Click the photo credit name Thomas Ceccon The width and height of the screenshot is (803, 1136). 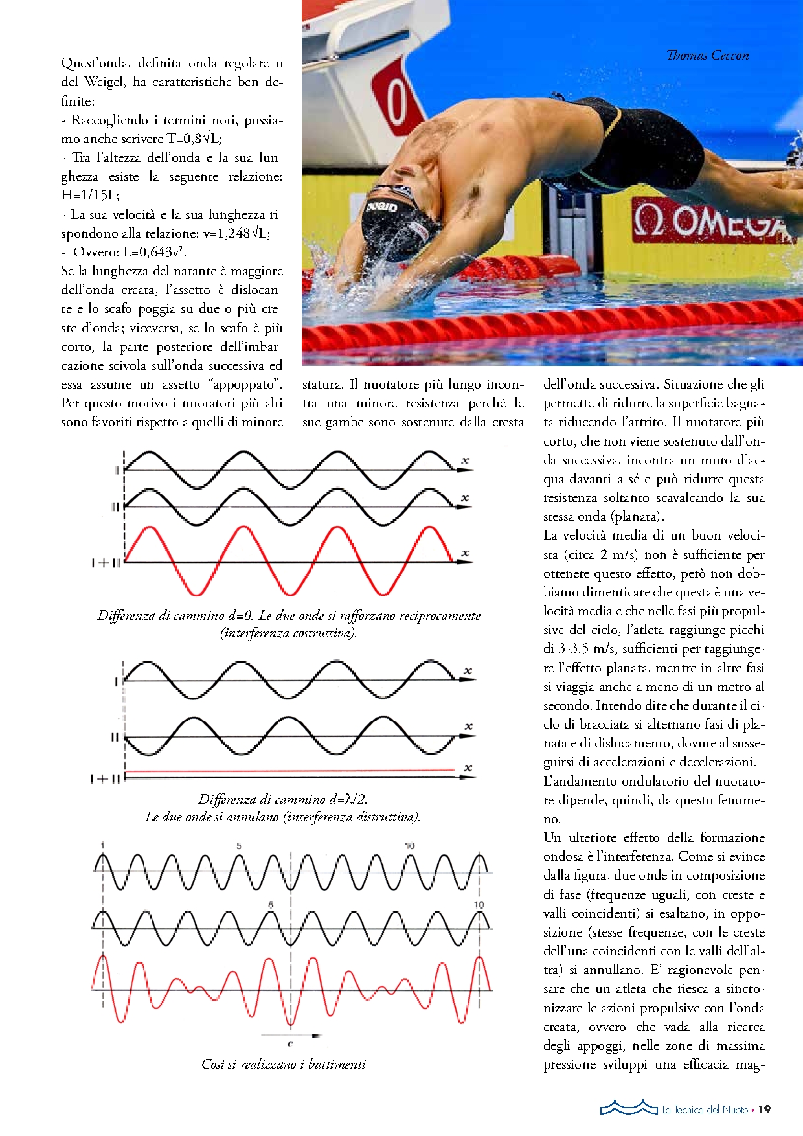point(707,56)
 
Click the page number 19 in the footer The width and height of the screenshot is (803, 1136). point(765,1109)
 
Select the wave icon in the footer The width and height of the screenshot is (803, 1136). point(628,1108)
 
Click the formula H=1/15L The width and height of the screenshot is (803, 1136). point(90,195)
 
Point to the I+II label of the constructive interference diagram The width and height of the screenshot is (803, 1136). point(106,563)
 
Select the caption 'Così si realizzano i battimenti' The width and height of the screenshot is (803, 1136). point(284,1064)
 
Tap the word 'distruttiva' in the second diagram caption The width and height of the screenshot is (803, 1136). point(384,817)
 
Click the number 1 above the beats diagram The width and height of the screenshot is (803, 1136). point(103,845)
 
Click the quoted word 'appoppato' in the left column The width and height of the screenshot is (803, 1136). point(247,385)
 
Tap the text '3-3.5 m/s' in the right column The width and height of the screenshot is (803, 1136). point(587,649)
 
